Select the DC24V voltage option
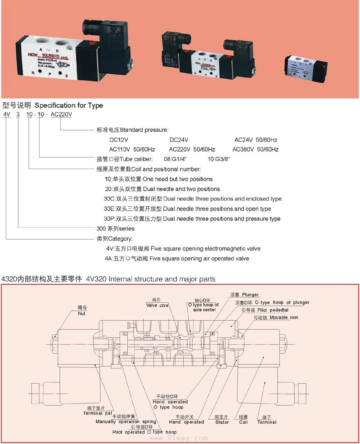[179, 139]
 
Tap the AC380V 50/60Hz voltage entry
[256, 149]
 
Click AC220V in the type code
[61, 114]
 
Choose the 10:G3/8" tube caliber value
[219, 159]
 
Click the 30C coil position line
[193, 199]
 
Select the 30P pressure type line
[192, 219]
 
